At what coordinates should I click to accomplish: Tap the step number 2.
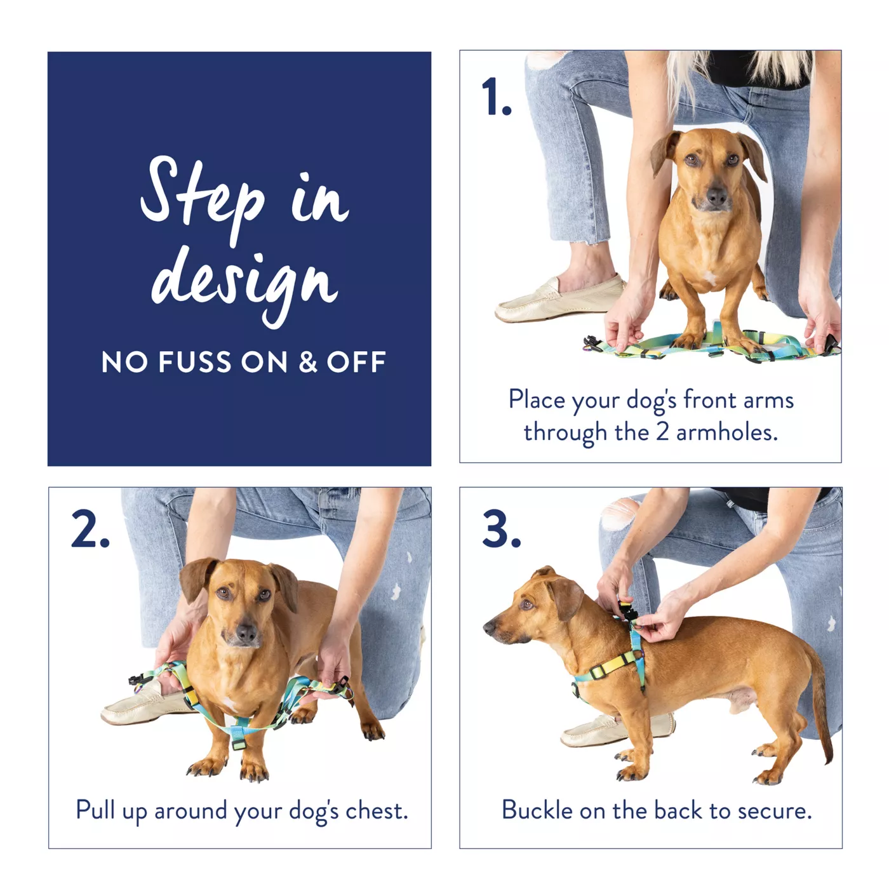pyautogui.click(x=90, y=529)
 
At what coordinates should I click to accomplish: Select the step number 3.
pyautogui.click(x=502, y=529)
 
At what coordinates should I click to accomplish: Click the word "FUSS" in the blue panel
pyautogui.click(x=195, y=362)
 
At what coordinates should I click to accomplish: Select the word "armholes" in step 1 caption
pyautogui.click(x=727, y=432)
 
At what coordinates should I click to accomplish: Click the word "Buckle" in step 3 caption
pyautogui.click(x=537, y=810)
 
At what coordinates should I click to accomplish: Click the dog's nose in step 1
pyautogui.click(x=716, y=197)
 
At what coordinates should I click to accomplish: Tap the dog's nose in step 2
pyautogui.click(x=246, y=634)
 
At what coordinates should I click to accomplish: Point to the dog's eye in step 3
pyautogui.click(x=526, y=604)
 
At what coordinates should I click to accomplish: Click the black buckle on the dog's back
pyautogui.click(x=628, y=613)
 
